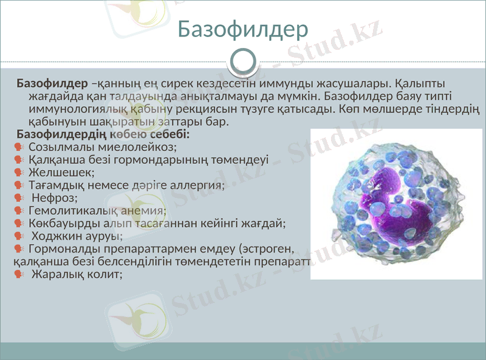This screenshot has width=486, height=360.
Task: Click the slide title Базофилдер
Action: point(243,30)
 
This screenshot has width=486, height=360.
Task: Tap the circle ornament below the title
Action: point(244,61)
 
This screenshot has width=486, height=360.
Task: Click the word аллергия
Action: point(199,185)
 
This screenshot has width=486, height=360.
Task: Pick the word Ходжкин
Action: point(56,236)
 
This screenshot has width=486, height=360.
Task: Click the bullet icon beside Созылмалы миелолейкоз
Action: point(18,148)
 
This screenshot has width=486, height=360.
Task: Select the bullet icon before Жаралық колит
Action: point(18,274)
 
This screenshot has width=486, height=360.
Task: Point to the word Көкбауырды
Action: point(56,223)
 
